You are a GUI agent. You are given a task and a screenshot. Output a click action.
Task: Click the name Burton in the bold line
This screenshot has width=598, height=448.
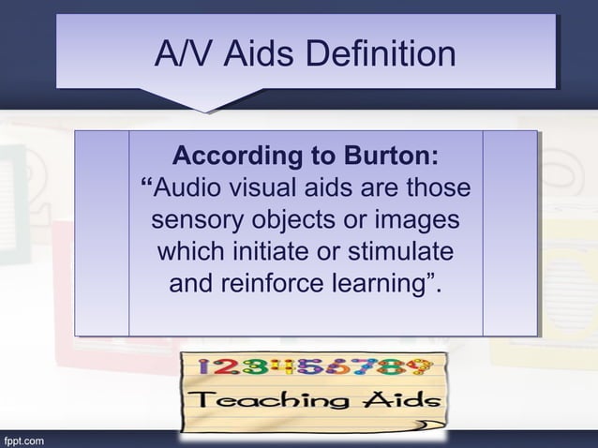coord(385,155)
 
